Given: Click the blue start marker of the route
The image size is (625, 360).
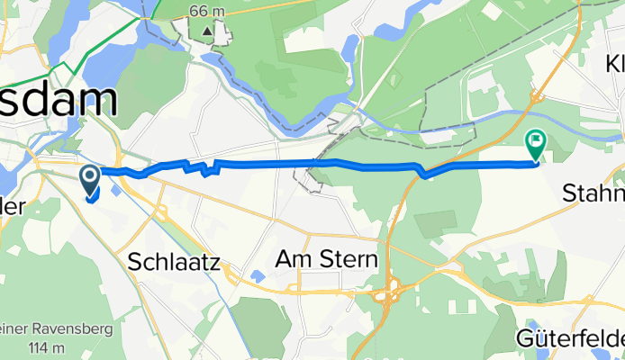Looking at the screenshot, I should point(92,180).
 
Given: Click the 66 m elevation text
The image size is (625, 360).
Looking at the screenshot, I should point(209,12).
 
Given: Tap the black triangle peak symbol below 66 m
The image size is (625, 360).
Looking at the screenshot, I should point(209,31).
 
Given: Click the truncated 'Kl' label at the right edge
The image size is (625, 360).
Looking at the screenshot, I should point(615,65).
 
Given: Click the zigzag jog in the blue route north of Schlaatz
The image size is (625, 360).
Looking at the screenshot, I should point(208,167).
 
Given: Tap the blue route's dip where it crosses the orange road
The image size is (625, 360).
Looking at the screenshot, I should point(423,174).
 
